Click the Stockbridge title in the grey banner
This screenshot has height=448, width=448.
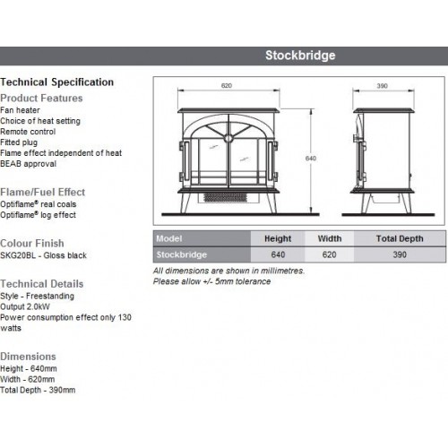300,56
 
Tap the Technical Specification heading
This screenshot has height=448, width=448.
56,82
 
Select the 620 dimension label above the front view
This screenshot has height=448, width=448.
227,86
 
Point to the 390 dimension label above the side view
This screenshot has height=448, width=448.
382,86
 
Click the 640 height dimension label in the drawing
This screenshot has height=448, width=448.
311,159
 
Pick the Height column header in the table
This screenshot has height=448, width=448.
278,238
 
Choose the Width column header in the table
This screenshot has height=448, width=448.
330,238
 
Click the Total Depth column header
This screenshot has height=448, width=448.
400,238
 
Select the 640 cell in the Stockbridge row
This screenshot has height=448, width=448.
278,254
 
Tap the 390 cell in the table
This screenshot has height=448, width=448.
400,254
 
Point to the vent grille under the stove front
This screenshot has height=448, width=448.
226,197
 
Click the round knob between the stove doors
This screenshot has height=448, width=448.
228,139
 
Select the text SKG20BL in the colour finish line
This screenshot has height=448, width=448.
18,255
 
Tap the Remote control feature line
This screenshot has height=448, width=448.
28,132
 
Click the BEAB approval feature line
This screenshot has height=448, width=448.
28,164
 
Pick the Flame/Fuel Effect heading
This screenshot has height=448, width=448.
42,192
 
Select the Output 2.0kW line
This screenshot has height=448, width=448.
25,306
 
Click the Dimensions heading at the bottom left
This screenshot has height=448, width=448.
28,357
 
